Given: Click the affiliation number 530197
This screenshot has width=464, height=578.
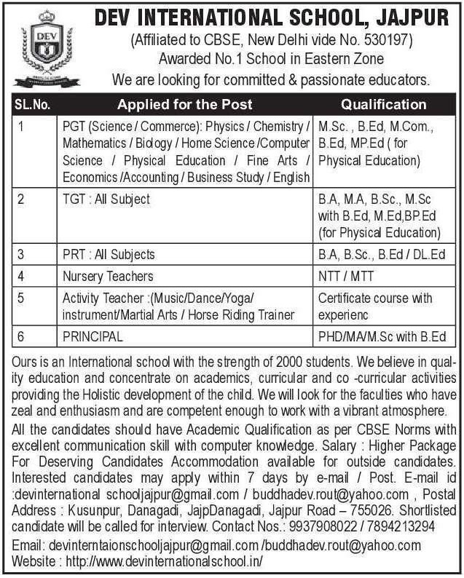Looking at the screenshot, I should (x=370, y=41).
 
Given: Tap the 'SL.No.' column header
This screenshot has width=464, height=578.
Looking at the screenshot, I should (x=32, y=104).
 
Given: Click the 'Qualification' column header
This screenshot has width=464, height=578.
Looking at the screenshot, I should (x=383, y=104).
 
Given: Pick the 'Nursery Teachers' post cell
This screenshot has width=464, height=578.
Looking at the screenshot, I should (x=108, y=276).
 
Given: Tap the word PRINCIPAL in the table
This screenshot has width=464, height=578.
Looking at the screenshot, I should (x=93, y=337).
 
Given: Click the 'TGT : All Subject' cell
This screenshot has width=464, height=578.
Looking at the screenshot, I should (x=106, y=199).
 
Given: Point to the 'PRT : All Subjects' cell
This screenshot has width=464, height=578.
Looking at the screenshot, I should (x=109, y=254).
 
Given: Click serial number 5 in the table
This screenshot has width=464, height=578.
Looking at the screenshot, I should (x=22, y=298).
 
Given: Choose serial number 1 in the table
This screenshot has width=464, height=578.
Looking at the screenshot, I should (x=22, y=126).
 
